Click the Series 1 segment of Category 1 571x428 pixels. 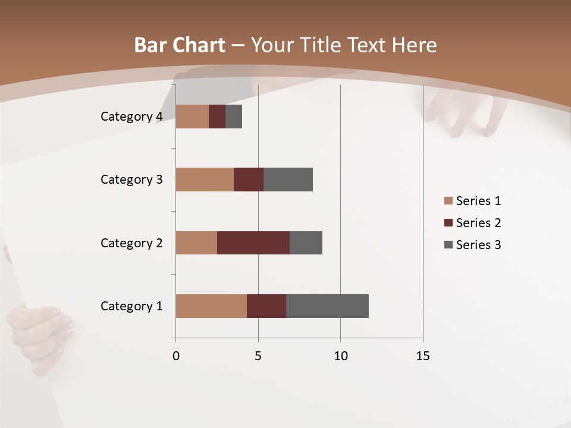coord(211,306)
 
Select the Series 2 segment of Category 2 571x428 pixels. coord(253,243)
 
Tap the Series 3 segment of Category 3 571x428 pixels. coord(288,180)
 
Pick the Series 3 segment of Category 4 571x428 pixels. coord(234,117)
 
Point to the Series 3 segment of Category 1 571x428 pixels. coord(327,306)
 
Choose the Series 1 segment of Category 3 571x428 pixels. coord(205,180)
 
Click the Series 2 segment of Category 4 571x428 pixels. coord(217,117)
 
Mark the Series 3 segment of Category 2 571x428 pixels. coord(306,243)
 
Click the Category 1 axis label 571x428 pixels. coord(131,306)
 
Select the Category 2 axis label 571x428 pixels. coord(131,243)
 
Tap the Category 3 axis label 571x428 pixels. coord(131,180)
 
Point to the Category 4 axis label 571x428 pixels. coord(131,117)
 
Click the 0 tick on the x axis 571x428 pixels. coord(176,356)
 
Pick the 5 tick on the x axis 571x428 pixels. coord(258,356)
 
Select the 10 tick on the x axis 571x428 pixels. coord(340,356)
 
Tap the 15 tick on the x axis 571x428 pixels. coord(423,356)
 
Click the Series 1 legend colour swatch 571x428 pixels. coord(448,201)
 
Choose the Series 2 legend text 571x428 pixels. coord(478,223)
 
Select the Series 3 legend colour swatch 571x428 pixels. coord(448,245)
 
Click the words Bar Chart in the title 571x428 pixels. coord(180,45)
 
